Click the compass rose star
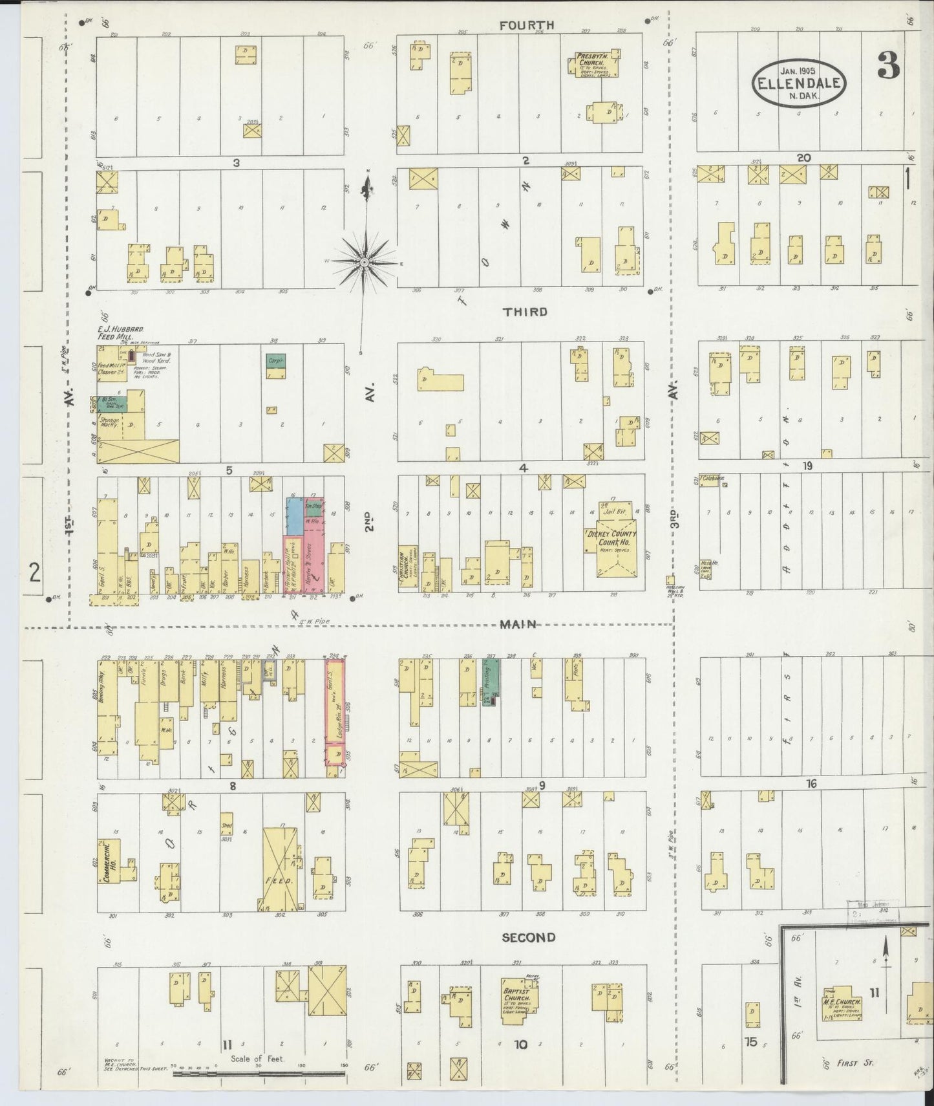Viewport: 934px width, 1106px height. (364, 261)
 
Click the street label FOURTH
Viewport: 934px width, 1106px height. (527, 25)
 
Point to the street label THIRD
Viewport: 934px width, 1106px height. (525, 312)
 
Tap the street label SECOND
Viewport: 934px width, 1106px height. (528, 937)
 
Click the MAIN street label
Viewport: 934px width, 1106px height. (518, 623)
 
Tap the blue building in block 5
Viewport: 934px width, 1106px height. (295, 515)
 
